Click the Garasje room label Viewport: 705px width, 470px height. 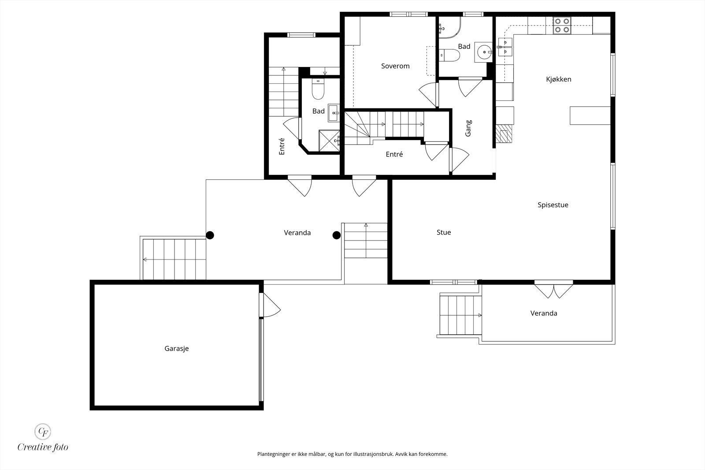(177, 348)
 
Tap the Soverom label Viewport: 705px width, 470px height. (395, 66)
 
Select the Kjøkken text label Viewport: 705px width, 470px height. (559, 79)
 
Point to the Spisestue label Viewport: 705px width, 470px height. (553, 205)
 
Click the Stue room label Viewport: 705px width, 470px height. (444, 233)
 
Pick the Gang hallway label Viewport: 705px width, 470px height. (468, 128)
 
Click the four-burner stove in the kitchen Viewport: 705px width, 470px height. (562, 26)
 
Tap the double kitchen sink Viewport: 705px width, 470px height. (505, 47)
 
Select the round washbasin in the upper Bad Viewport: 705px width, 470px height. (484, 52)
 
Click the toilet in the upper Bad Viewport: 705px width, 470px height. (449, 56)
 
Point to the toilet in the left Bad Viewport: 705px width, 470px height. (318, 89)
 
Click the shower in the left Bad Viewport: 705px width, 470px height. (329, 141)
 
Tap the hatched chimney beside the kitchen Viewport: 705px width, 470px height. (504, 134)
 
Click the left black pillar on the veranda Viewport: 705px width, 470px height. (210, 235)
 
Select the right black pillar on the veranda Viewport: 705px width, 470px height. (337, 235)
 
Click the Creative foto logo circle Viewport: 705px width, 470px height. (43, 431)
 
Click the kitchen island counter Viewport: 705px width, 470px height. (590, 115)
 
